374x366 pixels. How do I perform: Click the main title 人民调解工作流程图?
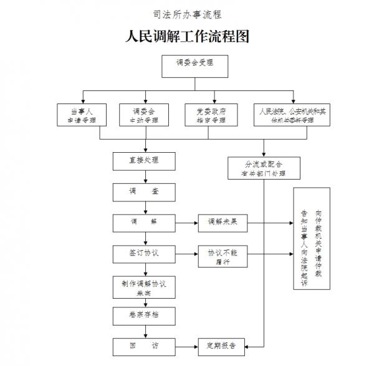[187, 37]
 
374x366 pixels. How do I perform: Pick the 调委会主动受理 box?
[145, 114]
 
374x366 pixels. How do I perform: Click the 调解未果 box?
[223, 222]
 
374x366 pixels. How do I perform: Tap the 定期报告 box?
[223, 344]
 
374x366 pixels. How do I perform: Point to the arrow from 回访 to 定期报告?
[187, 344]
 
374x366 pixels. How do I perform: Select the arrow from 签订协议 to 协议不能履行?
[187, 253]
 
